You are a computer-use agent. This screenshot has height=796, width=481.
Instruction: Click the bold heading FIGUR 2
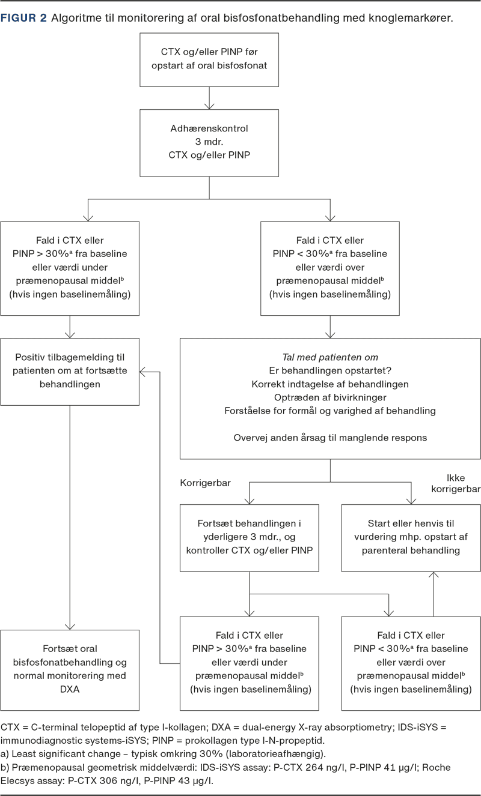(x=23, y=18)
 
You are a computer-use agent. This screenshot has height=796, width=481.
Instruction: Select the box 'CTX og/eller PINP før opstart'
(x=209, y=59)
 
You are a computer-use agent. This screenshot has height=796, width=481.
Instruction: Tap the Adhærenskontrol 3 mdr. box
(x=209, y=143)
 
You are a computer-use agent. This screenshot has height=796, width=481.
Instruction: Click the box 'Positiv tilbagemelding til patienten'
(x=70, y=372)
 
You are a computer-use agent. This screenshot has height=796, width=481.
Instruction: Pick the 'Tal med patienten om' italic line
(x=330, y=357)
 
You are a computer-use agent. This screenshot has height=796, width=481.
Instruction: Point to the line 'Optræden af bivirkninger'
(x=330, y=397)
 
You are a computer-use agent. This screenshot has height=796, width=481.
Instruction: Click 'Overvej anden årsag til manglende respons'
(x=330, y=438)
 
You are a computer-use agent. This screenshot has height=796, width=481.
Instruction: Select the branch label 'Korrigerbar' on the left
(x=206, y=483)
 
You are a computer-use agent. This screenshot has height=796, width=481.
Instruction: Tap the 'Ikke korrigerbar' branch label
(x=456, y=483)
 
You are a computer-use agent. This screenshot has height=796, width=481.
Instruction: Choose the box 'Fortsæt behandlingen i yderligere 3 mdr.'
(x=250, y=538)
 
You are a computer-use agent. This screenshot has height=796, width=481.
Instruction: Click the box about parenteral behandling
(x=411, y=538)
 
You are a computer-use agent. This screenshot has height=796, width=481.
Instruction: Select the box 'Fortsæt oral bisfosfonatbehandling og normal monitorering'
(x=70, y=670)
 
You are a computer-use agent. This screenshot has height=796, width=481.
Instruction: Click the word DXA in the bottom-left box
(x=70, y=689)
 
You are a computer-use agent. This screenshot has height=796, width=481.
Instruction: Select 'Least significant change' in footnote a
(x=66, y=754)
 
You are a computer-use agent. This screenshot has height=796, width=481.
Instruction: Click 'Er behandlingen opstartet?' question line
(x=330, y=370)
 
